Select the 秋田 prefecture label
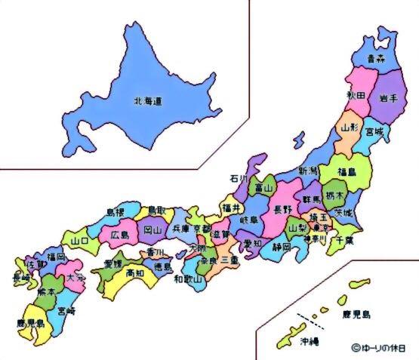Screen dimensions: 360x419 click(356, 96)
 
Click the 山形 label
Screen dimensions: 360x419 click(350, 128)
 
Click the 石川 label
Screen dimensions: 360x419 click(239, 179)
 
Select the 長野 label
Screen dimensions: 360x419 click(282, 209)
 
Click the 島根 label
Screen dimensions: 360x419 click(116, 213)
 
